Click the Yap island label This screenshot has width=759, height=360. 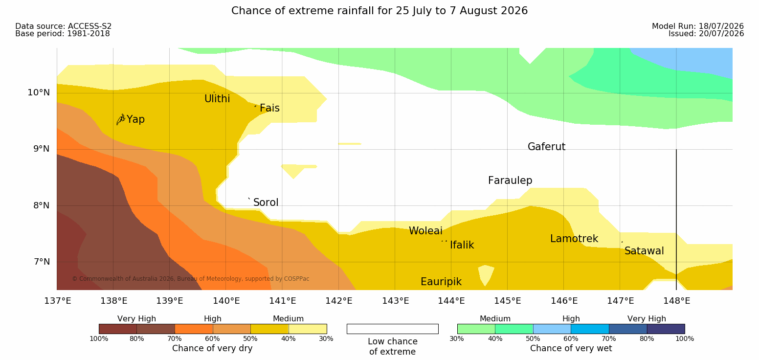coord(135,119)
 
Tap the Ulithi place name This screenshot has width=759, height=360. coord(217,99)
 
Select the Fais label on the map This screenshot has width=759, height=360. coord(270,108)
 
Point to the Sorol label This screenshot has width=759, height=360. coord(266,202)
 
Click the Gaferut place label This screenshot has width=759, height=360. coord(547,146)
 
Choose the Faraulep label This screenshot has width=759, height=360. coord(510,180)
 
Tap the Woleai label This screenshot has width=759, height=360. coord(425,231)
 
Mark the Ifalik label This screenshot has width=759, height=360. coord(462,245)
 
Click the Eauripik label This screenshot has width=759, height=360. coord(441,282)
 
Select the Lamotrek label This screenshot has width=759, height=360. coord(574,239)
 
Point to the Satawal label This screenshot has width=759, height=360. coord(644,251)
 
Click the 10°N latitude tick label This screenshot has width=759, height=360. coord(39,92)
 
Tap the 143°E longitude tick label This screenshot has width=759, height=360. coord(396,301)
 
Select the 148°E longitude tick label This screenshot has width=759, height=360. coord(677,301)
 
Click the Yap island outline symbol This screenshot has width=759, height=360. coord(121,120)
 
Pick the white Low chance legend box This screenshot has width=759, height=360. coord(393,329)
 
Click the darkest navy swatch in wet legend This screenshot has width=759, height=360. coord(666,329)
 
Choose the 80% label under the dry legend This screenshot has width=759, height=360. coord(137,338)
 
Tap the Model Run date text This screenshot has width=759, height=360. coord(698,26)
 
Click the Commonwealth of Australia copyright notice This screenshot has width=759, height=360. coord(191,279)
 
